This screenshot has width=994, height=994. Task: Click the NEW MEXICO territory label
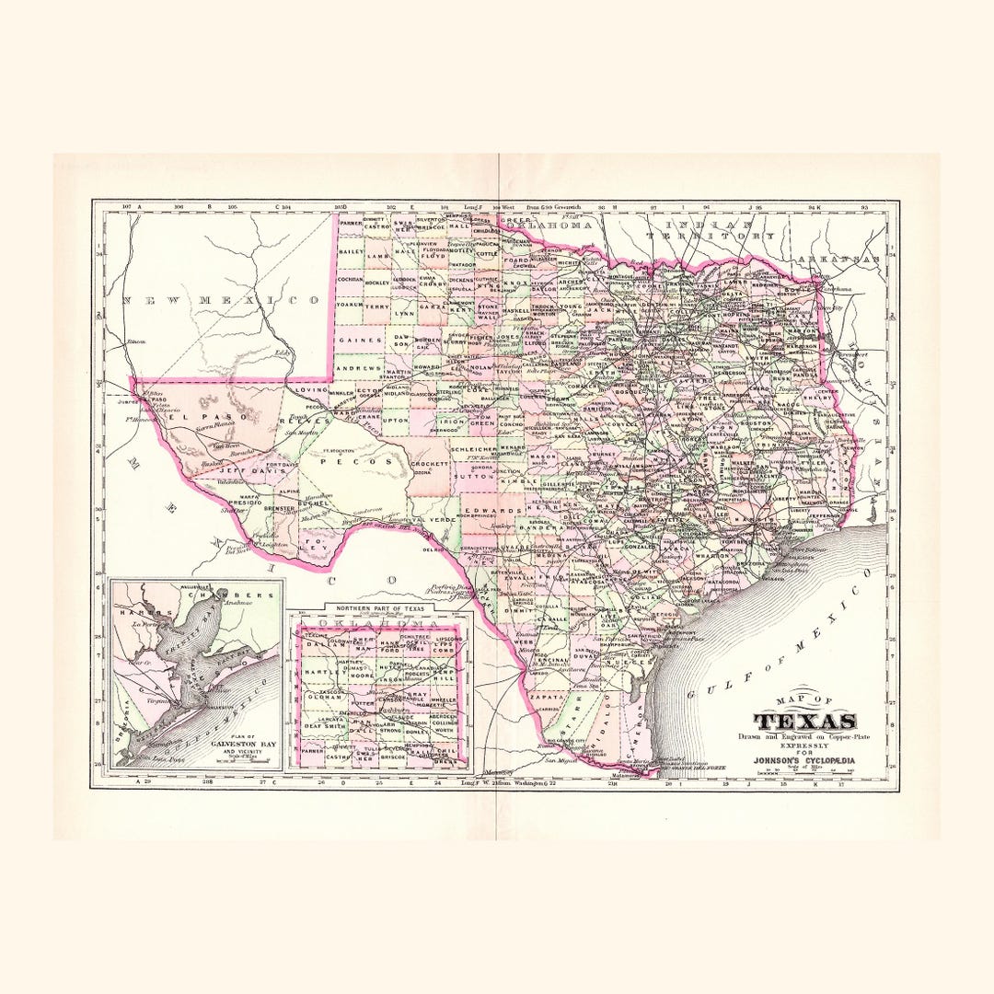[221, 300]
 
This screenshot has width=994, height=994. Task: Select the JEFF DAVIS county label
[238, 470]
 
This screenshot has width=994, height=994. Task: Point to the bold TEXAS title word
[805, 722]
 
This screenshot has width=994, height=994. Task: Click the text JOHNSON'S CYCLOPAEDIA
[804, 760]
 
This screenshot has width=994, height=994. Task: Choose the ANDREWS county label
[358, 368]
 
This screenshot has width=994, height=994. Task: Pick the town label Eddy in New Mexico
[283, 352]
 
